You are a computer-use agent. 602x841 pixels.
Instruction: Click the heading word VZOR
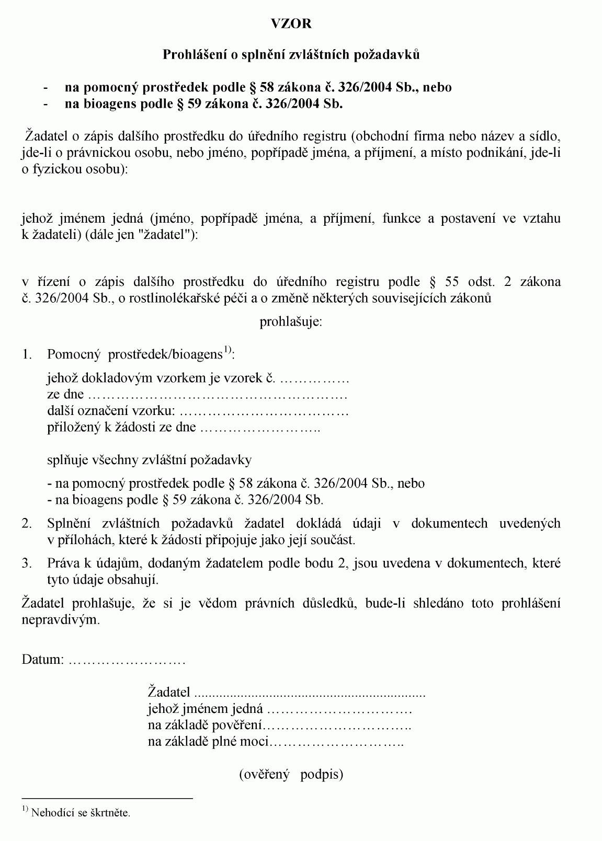point(291,24)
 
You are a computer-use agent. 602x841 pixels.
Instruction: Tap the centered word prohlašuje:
point(291,321)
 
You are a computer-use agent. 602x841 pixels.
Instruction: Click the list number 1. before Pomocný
point(27,354)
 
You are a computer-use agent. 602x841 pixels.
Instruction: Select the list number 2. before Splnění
point(27,523)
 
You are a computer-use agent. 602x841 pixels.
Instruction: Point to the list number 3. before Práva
point(27,563)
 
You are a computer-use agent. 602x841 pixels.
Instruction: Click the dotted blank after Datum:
point(127,660)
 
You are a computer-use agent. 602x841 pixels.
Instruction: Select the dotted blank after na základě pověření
point(336,726)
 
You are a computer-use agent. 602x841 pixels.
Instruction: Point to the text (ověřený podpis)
point(291,774)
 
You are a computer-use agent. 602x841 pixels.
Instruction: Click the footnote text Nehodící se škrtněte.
point(81,813)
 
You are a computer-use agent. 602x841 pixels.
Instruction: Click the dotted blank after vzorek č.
point(314,378)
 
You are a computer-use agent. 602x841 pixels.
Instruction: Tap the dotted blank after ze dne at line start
point(217,395)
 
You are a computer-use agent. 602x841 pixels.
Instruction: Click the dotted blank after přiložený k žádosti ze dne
point(260,428)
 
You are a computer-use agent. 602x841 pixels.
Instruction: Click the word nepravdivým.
point(61,620)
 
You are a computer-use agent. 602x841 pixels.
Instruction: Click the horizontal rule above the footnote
point(107,799)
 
